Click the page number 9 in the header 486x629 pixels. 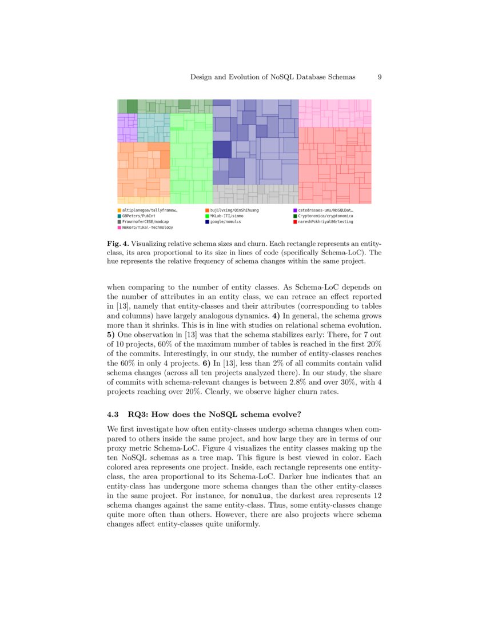point(380,77)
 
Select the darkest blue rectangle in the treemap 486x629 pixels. point(222,149)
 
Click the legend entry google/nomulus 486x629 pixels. point(225,221)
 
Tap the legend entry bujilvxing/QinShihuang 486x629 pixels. point(234,210)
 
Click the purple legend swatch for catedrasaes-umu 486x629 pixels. point(295,210)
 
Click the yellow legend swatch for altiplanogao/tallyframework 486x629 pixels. point(119,210)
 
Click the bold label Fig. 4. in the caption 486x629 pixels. point(118,243)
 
